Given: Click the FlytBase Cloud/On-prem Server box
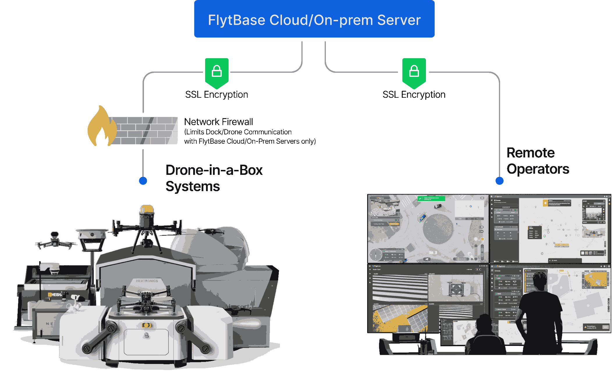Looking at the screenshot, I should click(314, 19).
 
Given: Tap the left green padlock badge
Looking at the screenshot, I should click(217, 72).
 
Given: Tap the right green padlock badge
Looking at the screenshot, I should click(414, 72).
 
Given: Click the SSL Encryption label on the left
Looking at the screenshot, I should click(217, 95).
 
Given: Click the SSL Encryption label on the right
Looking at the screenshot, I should click(414, 95).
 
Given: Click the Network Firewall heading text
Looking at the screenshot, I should click(218, 122).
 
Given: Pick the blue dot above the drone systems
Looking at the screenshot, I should click(143, 181).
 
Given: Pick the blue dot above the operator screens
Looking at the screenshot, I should click(499, 181).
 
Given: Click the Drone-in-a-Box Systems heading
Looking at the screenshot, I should click(214, 178).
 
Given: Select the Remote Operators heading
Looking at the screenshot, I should click(537, 161).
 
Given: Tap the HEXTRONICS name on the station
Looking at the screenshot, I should click(147, 281).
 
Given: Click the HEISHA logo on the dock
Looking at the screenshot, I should click(55, 294).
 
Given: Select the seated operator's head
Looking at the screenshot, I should click(485, 322).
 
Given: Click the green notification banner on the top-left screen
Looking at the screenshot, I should click(431, 198).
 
